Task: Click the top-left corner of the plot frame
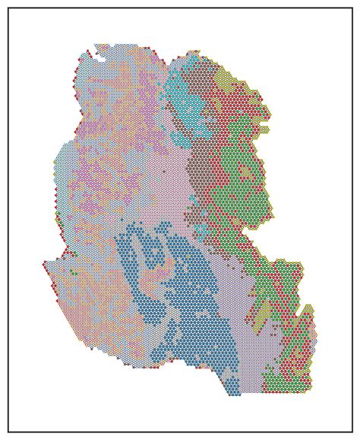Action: point(8,8)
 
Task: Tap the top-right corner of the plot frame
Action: point(352,8)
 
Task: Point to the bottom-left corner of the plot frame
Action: point(8,432)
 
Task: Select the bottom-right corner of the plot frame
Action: point(352,432)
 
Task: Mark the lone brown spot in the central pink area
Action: point(163,172)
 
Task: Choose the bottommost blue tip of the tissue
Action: point(234,394)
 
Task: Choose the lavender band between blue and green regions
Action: point(235,304)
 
